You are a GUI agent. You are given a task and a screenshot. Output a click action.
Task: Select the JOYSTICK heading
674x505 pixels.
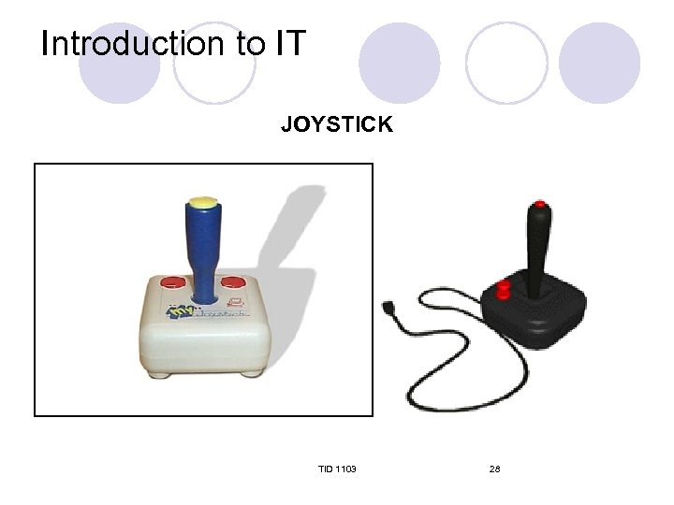point(337,124)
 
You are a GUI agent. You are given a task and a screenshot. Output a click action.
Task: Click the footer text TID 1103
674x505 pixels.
point(337,468)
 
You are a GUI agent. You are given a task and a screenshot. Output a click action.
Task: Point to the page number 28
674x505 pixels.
point(494,468)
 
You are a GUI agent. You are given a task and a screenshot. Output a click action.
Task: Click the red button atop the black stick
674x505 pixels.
point(539,204)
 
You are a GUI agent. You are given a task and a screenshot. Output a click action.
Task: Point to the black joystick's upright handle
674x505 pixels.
point(540,248)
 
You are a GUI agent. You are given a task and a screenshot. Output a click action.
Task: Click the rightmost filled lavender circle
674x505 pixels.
point(599,63)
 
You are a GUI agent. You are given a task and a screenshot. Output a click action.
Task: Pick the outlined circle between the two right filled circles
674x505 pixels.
point(506,63)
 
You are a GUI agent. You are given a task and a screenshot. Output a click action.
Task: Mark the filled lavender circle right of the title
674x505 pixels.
point(400,63)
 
